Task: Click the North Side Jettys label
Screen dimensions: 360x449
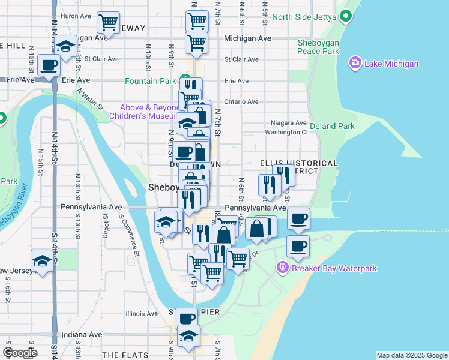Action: tap(303, 17)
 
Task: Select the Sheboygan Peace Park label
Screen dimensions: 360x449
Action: tap(319, 47)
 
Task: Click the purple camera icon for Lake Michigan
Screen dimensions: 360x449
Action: tap(355, 64)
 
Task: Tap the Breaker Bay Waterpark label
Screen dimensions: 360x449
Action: tap(334, 268)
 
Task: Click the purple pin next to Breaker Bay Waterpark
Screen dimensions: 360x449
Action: tap(283, 268)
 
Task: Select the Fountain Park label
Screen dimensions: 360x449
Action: tap(150, 81)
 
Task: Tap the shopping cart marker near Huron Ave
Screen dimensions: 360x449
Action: tap(108, 23)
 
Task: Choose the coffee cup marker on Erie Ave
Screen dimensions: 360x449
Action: tap(49, 65)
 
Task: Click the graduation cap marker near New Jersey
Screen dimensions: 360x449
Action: tap(42, 262)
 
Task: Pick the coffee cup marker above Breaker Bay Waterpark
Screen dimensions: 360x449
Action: tap(298, 245)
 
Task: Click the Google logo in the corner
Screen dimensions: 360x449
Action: tap(19, 353)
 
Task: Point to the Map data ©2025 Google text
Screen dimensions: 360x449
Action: tap(412, 355)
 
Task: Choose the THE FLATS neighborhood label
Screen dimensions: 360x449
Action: tap(125, 355)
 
